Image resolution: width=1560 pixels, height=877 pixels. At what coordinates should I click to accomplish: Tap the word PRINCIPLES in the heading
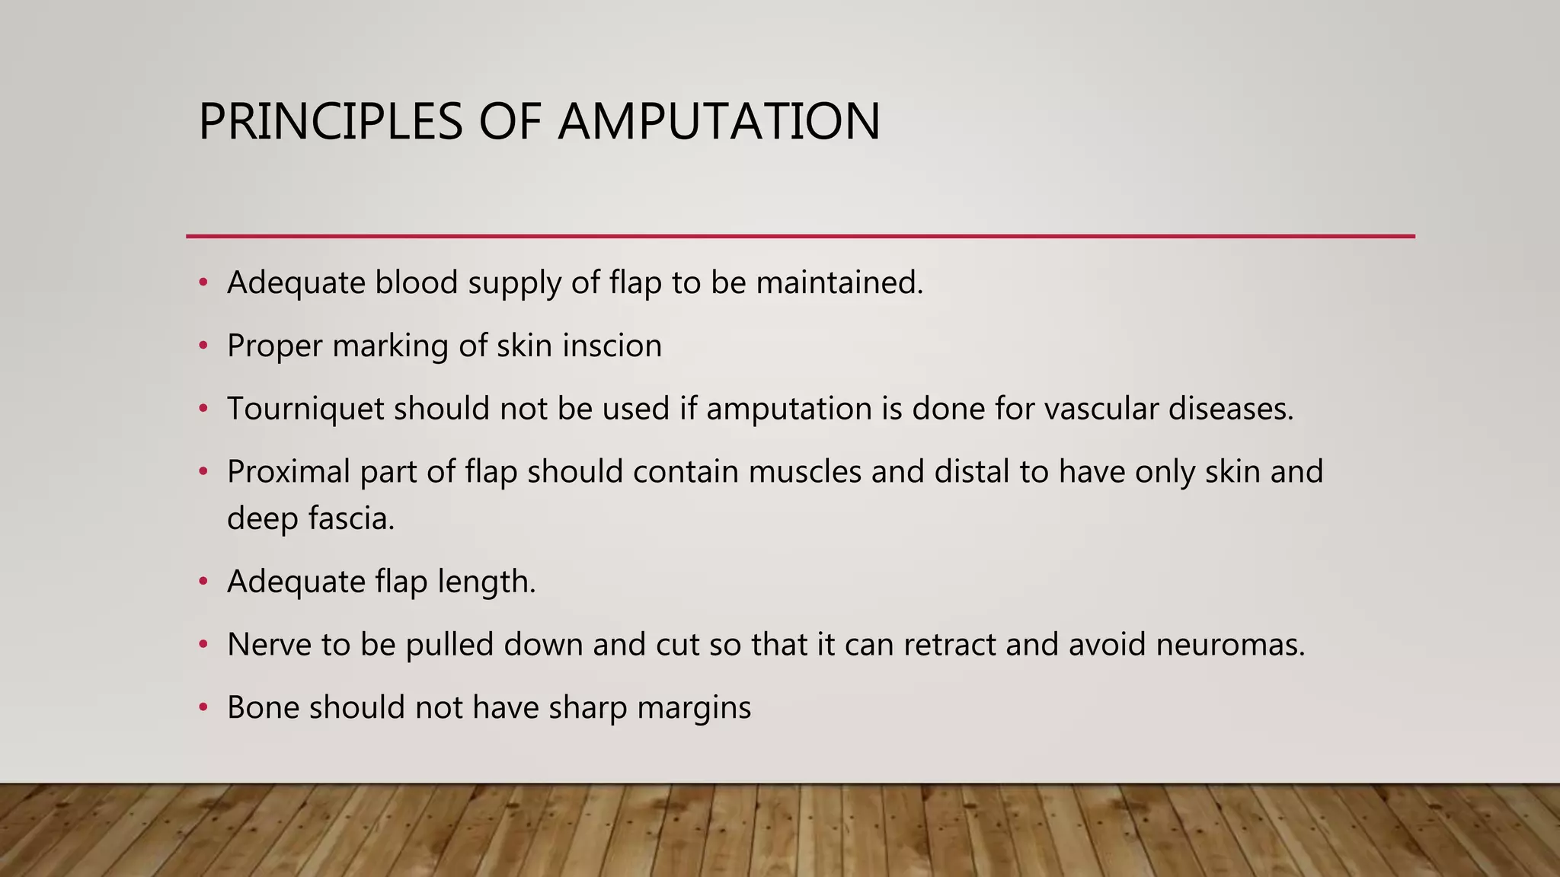330,122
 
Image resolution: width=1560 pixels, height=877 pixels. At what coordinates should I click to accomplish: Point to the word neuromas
1229,645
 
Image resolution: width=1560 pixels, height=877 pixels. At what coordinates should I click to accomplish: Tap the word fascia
351,519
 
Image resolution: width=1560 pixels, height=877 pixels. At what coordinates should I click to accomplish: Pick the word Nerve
268,645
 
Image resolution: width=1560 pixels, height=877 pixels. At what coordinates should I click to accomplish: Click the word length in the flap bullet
486,582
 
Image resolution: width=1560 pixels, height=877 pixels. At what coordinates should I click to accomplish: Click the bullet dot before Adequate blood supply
203,283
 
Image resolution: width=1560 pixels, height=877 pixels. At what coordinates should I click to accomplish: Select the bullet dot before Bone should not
203,708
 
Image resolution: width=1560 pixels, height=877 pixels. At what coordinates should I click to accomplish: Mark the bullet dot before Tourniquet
203,410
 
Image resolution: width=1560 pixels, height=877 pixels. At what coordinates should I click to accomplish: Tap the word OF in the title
509,122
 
